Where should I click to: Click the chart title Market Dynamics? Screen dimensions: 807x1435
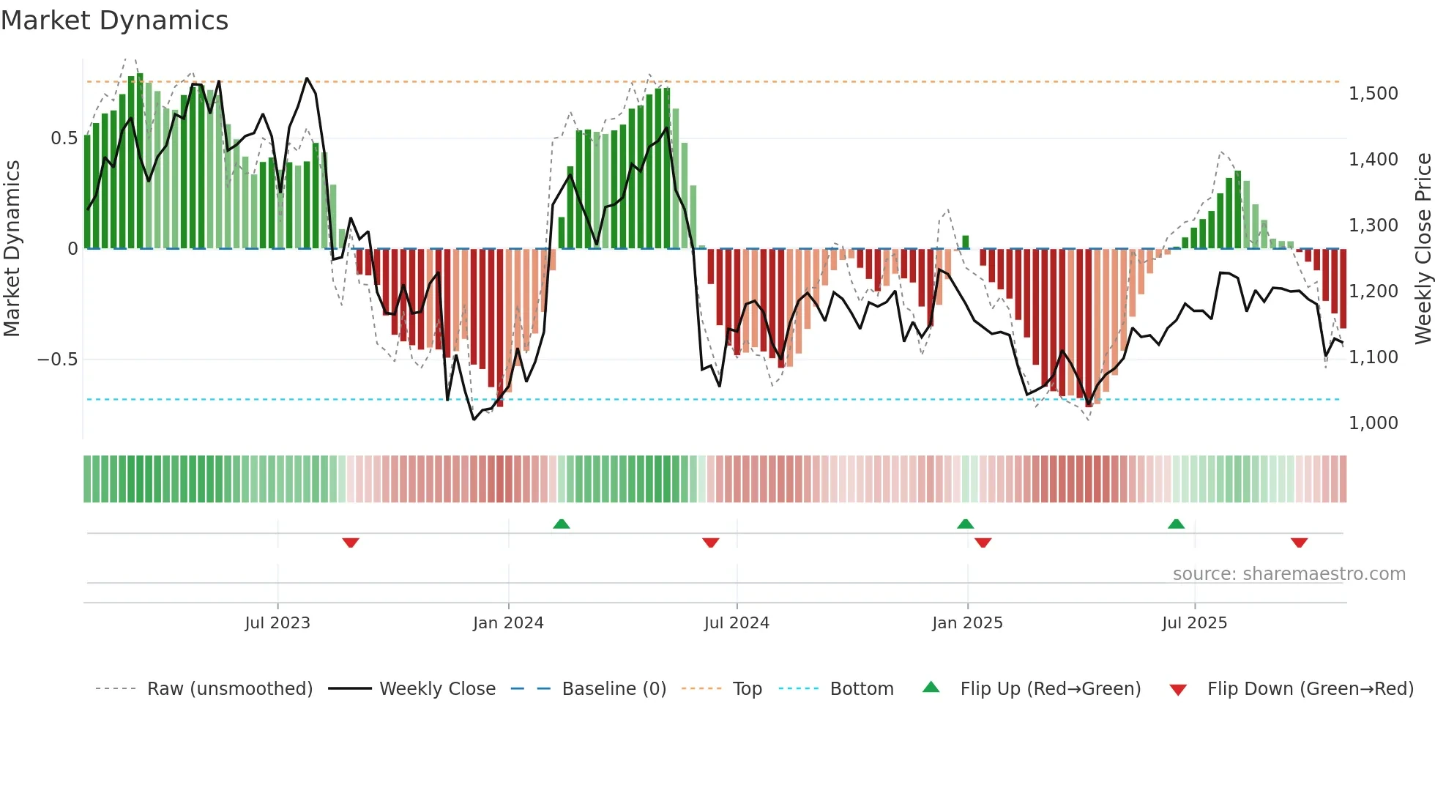coord(114,21)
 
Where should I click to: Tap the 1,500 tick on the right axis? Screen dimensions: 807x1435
coord(1373,94)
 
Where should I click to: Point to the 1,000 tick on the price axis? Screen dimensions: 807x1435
coord(1373,423)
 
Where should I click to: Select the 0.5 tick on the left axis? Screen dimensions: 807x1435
coord(64,138)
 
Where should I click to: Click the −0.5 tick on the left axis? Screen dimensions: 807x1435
coord(57,360)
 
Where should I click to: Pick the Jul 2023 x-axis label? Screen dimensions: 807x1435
coord(277,623)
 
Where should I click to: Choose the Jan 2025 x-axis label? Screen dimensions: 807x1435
coord(967,623)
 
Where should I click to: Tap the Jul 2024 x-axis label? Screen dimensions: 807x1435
coord(737,623)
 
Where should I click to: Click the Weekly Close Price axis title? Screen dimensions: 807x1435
coord(1423,248)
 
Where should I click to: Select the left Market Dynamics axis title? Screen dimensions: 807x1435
coord(12,248)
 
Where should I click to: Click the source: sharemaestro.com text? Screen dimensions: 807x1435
coord(1289,574)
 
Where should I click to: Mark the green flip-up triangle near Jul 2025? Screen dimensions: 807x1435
coord(1176,524)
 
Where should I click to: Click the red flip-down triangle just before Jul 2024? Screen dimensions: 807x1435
coord(710,543)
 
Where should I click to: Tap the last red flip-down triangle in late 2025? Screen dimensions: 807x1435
coord(1299,543)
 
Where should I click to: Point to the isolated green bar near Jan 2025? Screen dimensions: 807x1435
coord(965,242)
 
